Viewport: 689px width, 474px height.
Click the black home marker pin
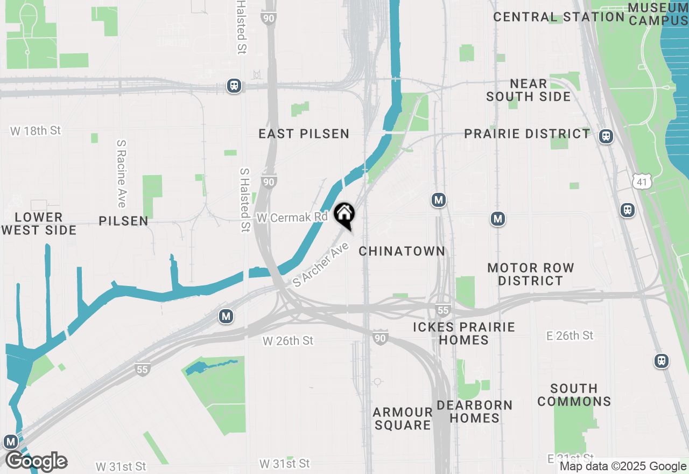[x=344, y=215]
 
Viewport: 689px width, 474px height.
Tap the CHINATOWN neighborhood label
[x=402, y=251]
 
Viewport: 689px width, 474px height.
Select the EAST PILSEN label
[x=304, y=134]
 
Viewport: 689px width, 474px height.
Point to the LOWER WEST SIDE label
[x=39, y=224]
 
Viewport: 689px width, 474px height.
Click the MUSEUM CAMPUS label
[x=658, y=15]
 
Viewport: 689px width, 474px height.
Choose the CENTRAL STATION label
[x=559, y=17]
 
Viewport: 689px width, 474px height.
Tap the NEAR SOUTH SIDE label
[x=528, y=90]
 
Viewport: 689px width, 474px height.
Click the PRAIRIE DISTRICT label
[x=527, y=134]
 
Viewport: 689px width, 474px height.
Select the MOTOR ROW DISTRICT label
[x=530, y=274]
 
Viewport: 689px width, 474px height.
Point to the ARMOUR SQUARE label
[x=403, y=419]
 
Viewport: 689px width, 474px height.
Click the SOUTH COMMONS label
[x=574, y=395]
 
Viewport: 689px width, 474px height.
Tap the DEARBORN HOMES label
[x=475, y=412]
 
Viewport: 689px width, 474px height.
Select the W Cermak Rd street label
[x=292, y=218]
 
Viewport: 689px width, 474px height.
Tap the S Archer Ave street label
[x=321, y=264]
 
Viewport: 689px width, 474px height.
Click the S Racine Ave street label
[x=121, y=173]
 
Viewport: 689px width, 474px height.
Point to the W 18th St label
[x=36, y=131]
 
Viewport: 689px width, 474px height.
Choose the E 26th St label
[x=570, y=336]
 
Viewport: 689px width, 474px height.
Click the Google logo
[x=36, y=462]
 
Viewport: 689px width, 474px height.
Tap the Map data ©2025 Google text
[x=623, y=466]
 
